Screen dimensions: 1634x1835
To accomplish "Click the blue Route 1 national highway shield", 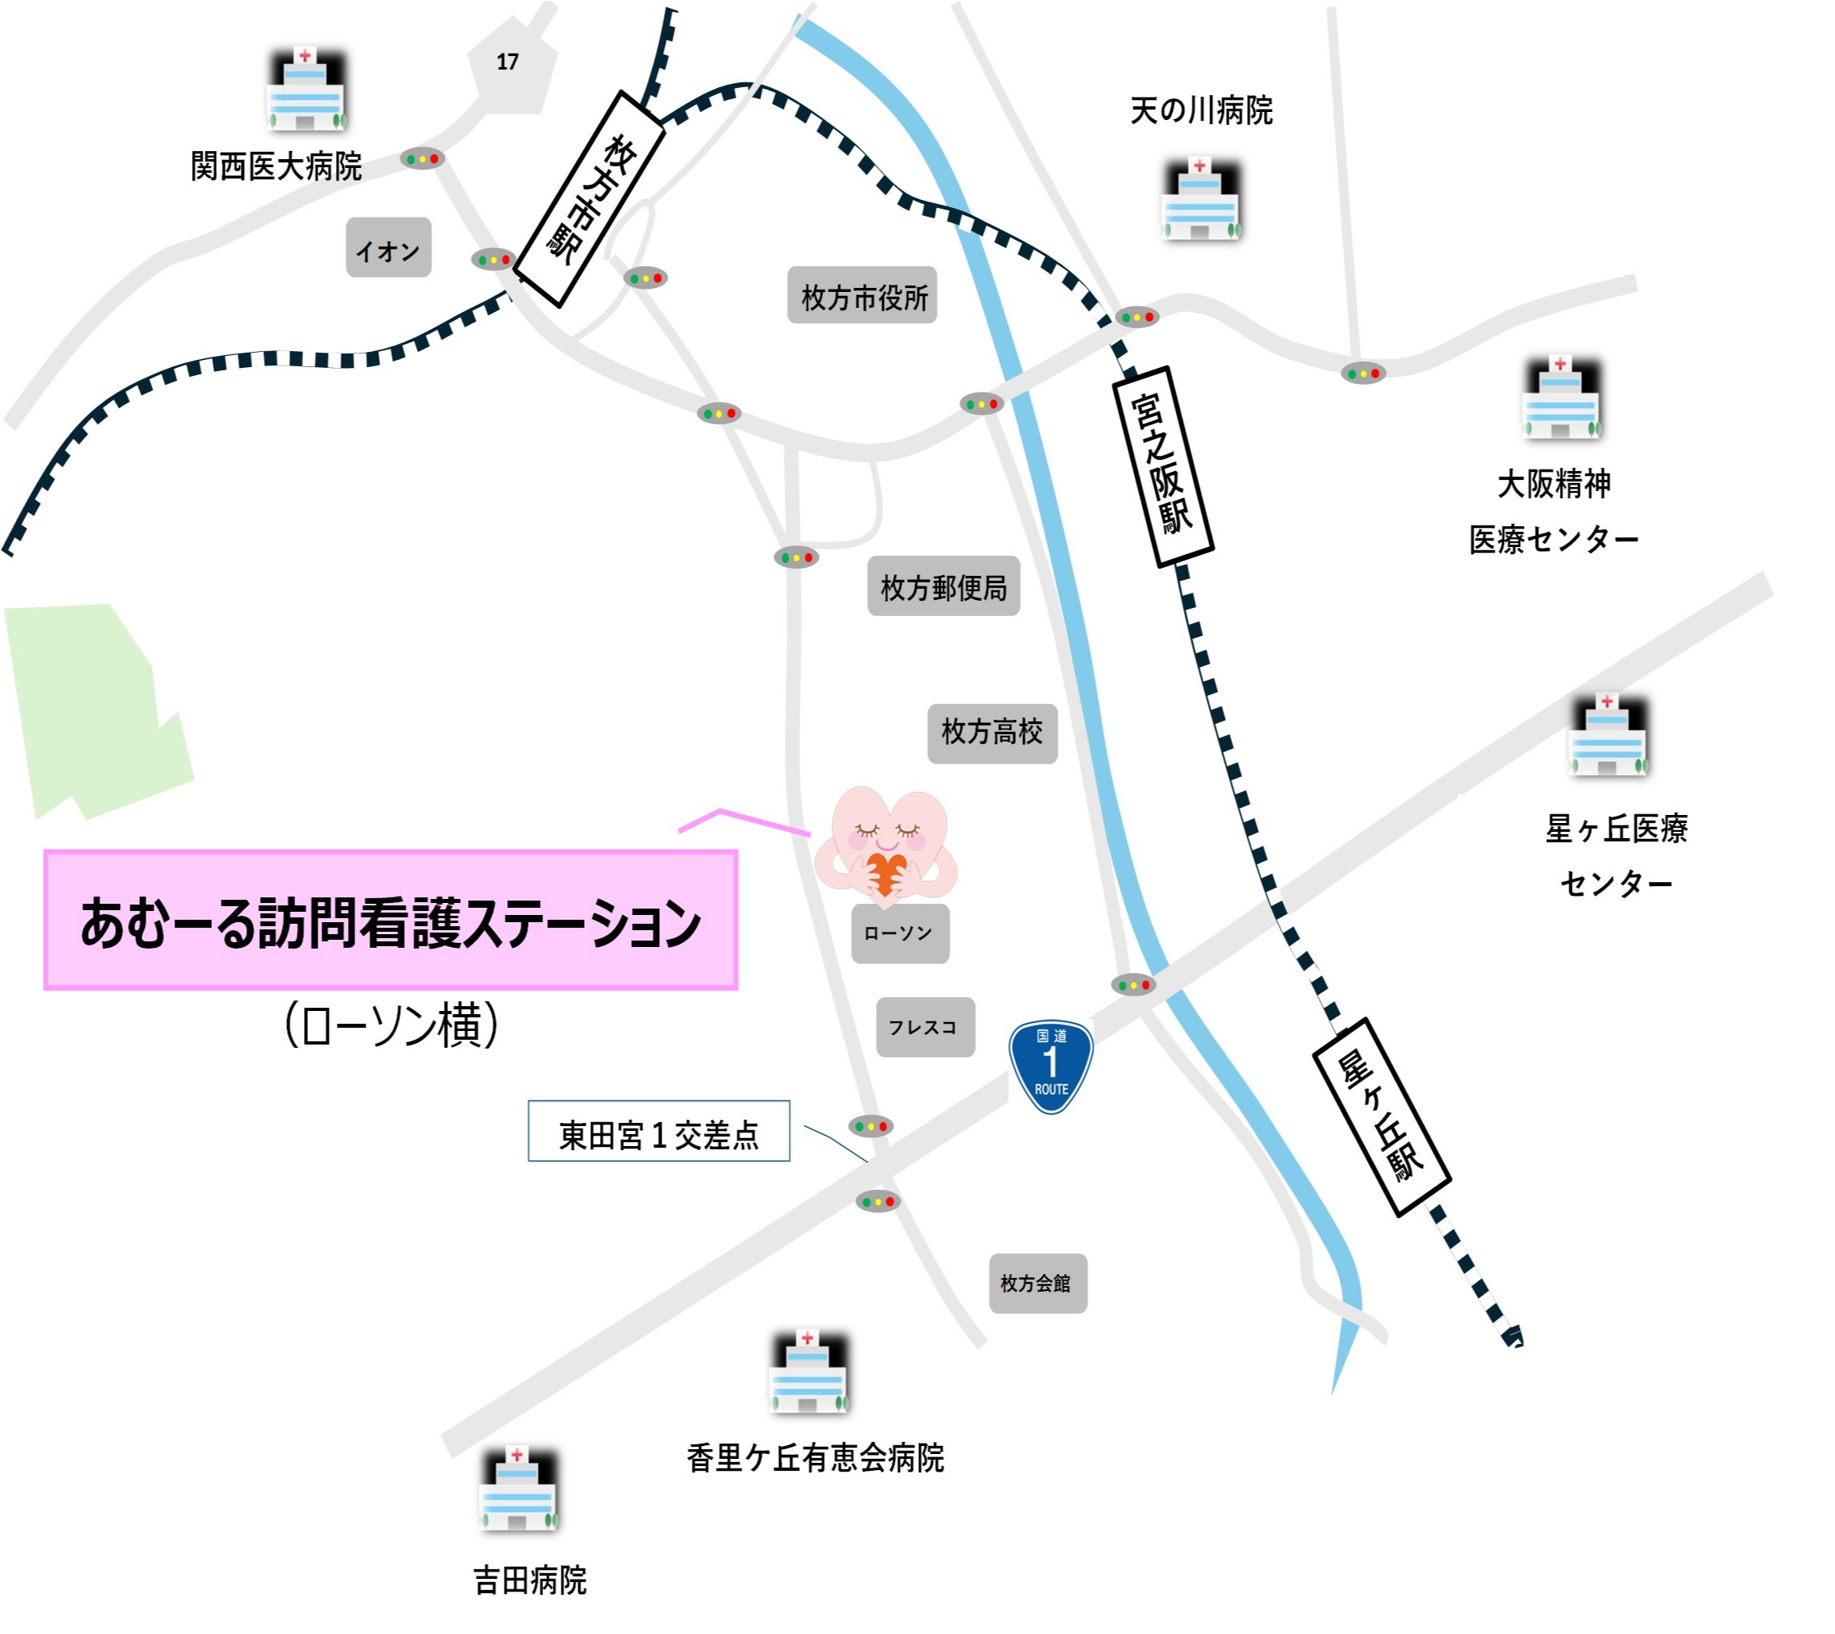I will (x=1051, y=1065).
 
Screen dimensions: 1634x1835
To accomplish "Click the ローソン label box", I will (x=900, y=933).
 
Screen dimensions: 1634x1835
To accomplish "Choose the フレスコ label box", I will (x=925, y=1027).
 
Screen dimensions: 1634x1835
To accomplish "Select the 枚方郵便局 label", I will (x=944, y=587).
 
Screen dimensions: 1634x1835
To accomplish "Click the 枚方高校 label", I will (x=992, y=733).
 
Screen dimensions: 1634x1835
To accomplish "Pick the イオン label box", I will (x=388, y=249).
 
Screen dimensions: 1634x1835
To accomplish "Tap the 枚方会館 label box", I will (x=1037, y=1284).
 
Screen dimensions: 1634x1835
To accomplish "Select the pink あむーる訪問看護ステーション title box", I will (x=390, y=921).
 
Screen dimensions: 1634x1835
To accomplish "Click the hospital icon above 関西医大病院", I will (x=306, y=90).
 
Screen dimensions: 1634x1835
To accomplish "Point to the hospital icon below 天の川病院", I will (x=1201, y=200).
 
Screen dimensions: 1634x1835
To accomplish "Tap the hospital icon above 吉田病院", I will (x=518, y=1490).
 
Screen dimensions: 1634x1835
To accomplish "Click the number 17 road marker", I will (x=508, y=62).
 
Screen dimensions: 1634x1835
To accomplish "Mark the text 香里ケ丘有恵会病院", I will (x=815, y=1459).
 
